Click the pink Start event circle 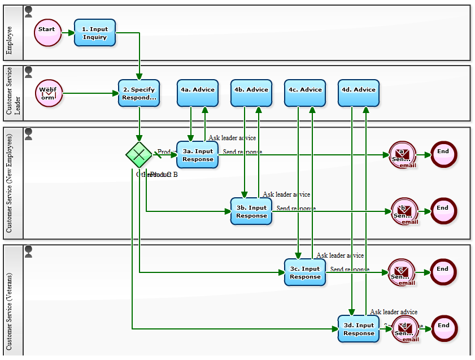[47, 32]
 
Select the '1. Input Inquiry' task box [95, 33]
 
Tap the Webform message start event [49, 93]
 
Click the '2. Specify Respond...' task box [139, 93]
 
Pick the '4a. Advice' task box [198, 93]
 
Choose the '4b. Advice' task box [251, 93]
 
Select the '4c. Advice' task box [305, 93]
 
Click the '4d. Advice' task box [359, 93]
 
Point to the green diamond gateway [139, 154]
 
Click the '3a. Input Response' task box [198, 154]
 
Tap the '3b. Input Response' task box [251, 211]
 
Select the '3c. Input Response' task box [305, 272]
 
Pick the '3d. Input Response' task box [359, 328]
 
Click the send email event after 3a [402, 154]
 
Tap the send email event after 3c [402, 272]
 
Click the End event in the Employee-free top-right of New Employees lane [443, 154]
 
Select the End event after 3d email [443, 328]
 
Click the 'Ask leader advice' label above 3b [286, 194]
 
